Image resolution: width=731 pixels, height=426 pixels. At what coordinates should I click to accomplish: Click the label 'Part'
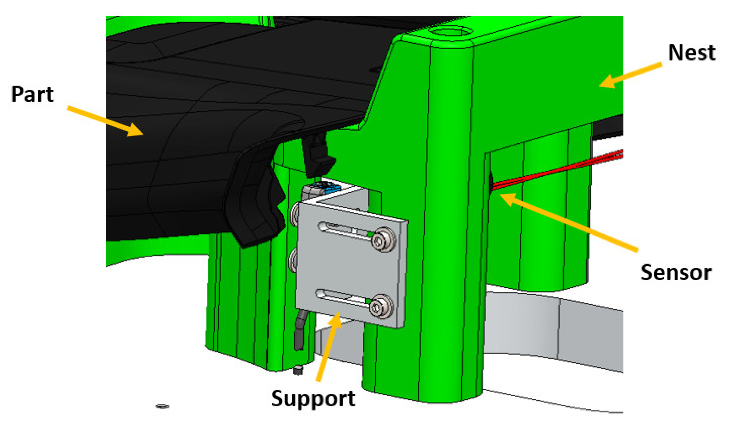tap(32, 94)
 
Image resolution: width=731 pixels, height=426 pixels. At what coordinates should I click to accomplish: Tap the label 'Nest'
tap(692, 53)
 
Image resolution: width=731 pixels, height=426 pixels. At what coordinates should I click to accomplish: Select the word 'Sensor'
tap(676, 273)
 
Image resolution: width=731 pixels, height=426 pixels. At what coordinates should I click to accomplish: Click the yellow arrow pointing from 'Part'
tap(105, 121)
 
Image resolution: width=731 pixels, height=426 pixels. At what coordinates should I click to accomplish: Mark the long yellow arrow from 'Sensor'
tap(568, 222)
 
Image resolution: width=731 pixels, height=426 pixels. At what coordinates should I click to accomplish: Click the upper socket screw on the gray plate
tap(384, 239)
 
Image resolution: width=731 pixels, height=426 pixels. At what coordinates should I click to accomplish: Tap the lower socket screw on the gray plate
tap(381, 306)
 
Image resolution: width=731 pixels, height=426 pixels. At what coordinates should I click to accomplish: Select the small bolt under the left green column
tap(298, 370)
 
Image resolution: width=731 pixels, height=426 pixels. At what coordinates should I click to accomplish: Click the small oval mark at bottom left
tap(162, 407)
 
